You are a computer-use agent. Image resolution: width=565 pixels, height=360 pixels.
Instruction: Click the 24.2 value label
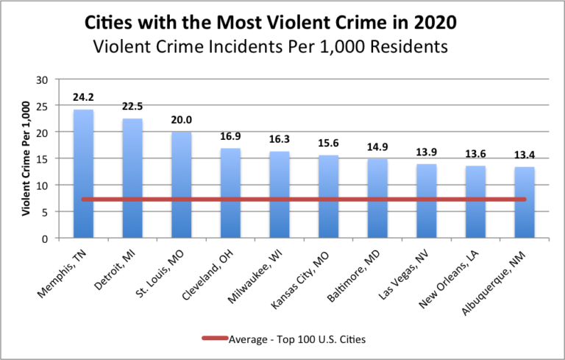[84, 97]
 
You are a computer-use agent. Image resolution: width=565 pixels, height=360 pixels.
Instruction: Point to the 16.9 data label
[231, 136]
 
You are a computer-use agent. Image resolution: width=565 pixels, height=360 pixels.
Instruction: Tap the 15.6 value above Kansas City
[329, 143]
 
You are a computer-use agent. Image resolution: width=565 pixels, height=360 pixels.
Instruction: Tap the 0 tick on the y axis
[45, 239]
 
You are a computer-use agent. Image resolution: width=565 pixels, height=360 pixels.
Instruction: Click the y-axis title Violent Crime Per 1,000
[26, 159]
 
